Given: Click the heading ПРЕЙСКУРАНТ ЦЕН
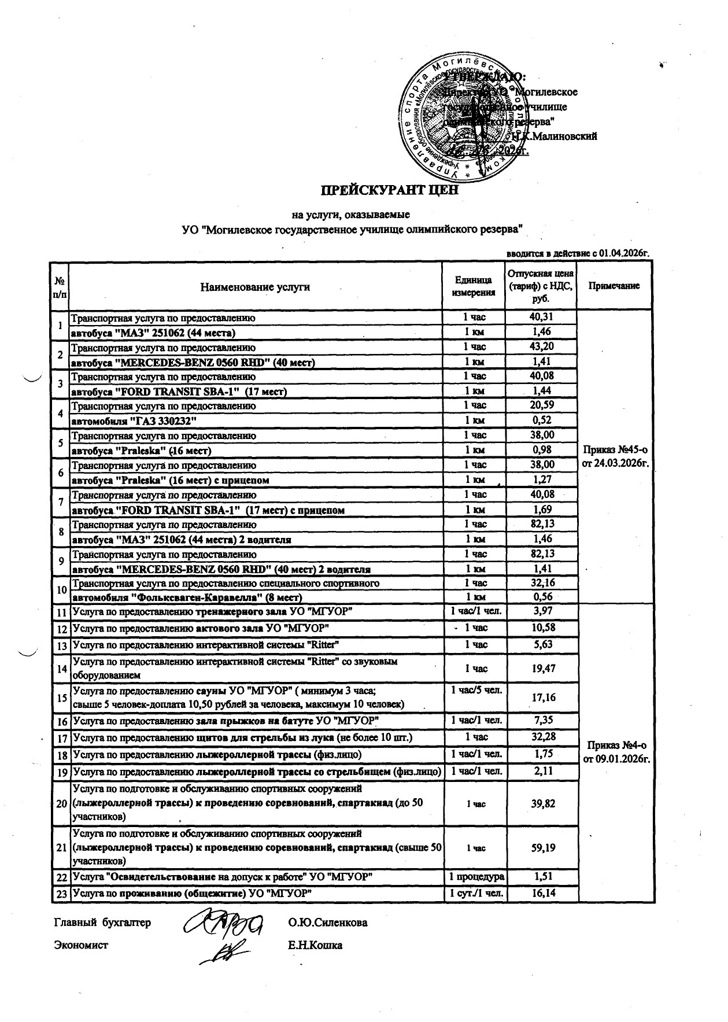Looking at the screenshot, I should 390,189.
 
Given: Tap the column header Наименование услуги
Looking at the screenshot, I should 255,286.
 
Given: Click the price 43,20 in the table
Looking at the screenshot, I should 540,347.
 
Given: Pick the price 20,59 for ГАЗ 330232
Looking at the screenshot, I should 540,406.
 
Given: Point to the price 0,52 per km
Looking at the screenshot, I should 540,421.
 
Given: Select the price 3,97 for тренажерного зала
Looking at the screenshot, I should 540,611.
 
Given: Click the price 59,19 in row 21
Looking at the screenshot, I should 540,848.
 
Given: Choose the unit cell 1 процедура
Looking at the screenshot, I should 474,877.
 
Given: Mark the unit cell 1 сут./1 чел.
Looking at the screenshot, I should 474,894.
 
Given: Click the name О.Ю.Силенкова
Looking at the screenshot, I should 327,923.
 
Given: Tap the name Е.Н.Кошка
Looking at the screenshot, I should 315,946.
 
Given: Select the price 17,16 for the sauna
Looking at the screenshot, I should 540,698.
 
